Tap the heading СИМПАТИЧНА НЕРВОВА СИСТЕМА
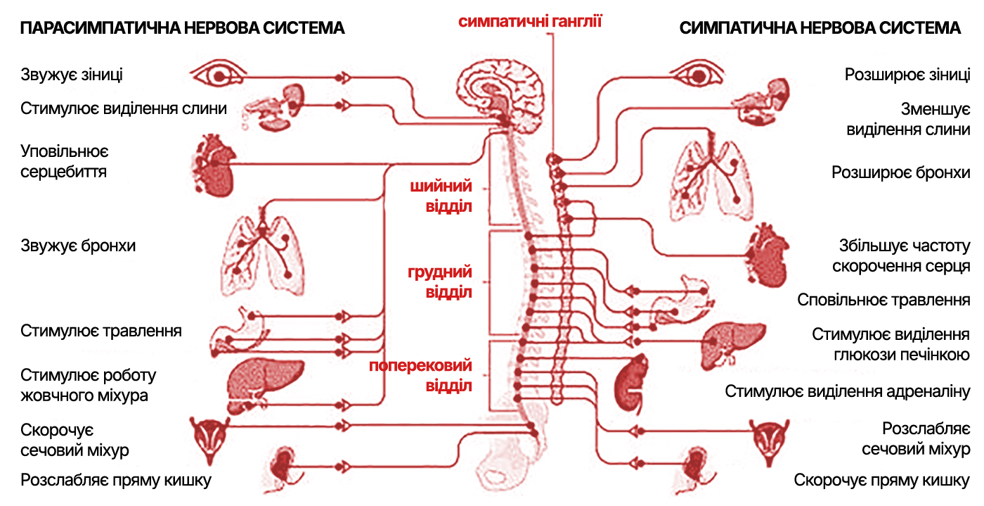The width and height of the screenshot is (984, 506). [820, 28]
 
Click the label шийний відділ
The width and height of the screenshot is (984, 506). [447, 196]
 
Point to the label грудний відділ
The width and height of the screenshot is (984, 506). [439, 282]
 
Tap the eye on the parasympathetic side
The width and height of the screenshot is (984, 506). [219, 75]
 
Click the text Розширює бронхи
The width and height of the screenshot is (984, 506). [901, 172]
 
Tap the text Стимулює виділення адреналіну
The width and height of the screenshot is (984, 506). [848, 391]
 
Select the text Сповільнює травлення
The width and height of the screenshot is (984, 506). [883, 300]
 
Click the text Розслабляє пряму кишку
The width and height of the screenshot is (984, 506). [116, 481]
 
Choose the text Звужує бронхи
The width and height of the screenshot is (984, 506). [78, 246]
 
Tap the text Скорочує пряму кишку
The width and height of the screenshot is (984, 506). [882, 481]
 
